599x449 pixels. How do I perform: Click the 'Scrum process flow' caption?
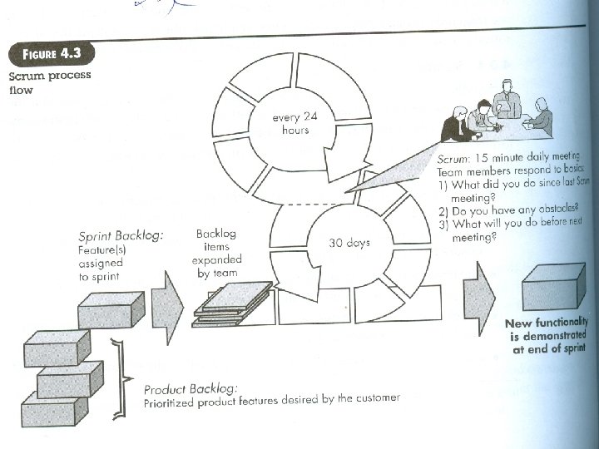coord(50,82)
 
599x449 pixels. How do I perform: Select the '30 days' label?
coord(349,244)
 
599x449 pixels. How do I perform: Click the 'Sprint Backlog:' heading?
coord(121,236)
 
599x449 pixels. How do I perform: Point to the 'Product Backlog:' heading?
coord(191,389)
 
